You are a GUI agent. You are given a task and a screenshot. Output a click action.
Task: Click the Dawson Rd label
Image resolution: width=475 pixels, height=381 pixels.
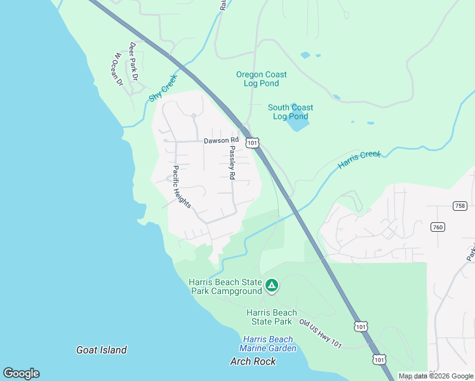click(x=221, y=140)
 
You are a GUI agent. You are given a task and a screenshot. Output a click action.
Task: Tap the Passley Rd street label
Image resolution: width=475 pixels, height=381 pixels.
click(x=232, y=163)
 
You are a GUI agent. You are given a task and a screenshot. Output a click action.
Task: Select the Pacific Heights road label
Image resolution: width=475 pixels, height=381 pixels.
click(x=182, y=187)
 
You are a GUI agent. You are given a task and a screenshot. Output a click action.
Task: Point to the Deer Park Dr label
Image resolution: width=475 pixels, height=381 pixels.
click(x=133, y=62)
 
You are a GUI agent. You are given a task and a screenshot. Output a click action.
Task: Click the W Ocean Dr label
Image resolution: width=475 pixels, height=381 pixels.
click(x=116, y=69)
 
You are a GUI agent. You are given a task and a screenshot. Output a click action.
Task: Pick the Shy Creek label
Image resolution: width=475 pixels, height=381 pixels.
click(x=163, y=89)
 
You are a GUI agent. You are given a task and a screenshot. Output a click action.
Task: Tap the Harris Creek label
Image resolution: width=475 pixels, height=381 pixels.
click(x=359, y=159)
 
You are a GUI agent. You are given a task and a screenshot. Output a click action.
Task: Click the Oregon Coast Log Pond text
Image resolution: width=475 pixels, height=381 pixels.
click(x=257, y=79)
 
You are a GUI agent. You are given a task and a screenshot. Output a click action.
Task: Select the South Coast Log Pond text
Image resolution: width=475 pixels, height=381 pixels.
click(x=290, y=112)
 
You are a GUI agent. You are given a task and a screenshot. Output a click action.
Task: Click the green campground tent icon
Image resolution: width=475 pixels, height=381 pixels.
click(x=271, y=286)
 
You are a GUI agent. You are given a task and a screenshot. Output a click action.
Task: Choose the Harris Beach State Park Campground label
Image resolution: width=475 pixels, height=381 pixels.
click(x=225, y=286)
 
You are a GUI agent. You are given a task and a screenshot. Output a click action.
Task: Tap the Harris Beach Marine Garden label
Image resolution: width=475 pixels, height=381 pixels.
click(x=268, y=344)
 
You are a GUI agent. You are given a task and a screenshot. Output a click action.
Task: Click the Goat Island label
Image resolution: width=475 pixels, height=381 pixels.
click(x=102, y=350)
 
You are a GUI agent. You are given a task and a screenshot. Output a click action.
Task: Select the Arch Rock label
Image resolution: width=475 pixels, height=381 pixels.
click(x=253, y=361)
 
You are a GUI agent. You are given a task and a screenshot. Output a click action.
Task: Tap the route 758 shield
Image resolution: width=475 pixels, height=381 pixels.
click(x=460, y=206)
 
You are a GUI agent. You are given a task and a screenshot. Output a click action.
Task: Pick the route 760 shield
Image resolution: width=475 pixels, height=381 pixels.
click(x=437, y=227)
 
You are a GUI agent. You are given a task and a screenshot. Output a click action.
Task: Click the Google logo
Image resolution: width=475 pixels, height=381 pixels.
click(x=21, y=373)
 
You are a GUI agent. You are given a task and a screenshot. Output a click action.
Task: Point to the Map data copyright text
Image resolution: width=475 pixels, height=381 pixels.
click(x=436, y=376)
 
